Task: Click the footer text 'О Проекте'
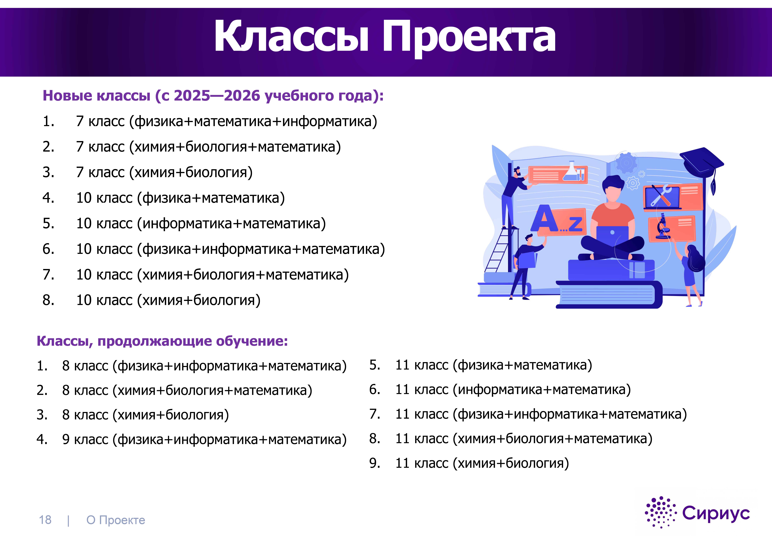click(116, 520)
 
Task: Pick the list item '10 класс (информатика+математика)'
click(201, 224)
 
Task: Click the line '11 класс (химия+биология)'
click(482, 463)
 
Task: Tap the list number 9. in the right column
click(375, 463)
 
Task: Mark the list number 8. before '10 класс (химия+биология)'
click(48, 300)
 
